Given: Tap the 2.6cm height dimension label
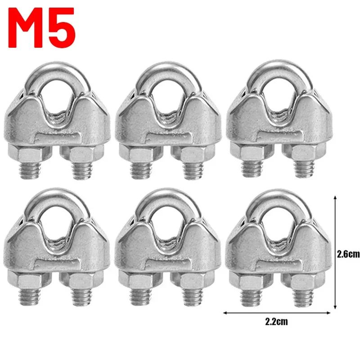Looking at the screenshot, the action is click(348, 254).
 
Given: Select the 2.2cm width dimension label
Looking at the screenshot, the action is click(276, 322).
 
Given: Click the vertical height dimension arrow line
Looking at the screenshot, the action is click(335, 252).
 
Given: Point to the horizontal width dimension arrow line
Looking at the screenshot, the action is click(277, 313).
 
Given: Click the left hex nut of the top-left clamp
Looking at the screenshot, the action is click(29, 153).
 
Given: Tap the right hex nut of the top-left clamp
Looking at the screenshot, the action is click(81, 154).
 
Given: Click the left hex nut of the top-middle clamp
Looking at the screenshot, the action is click(140, 154).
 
